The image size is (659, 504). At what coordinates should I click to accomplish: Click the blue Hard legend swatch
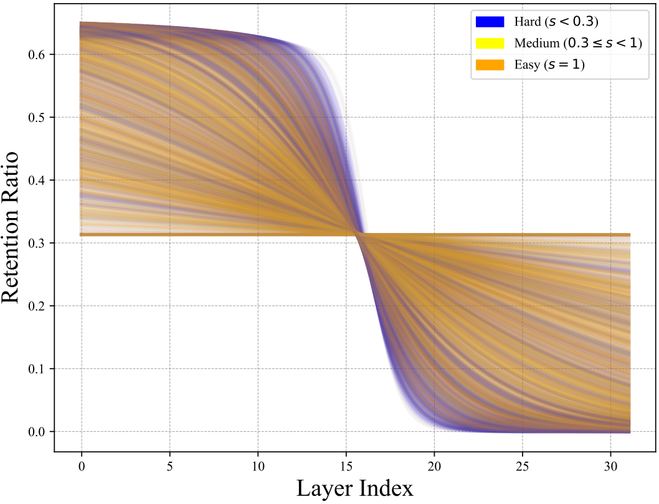(489, 22)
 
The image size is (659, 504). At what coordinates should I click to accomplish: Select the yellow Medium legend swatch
(489, 43)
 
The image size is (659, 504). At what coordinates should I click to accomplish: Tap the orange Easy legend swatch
(489, 64)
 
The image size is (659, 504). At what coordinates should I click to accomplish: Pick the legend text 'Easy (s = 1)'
(549, 64)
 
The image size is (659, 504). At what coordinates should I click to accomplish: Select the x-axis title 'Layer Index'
(354, 488)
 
